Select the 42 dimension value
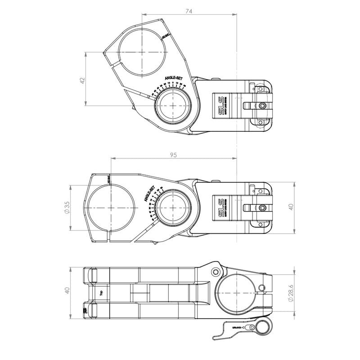click(x=81, y=80)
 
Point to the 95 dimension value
click(x=174, y=154)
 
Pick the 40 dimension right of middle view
click(x=291, y=207)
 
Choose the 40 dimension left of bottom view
click(x=67, y=291)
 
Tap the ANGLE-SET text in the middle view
click(x=149, y=193)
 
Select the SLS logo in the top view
click(x=220, y=105)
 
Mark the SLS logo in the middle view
click(x=220, y=207)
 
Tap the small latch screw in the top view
click(x=262, y=106)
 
